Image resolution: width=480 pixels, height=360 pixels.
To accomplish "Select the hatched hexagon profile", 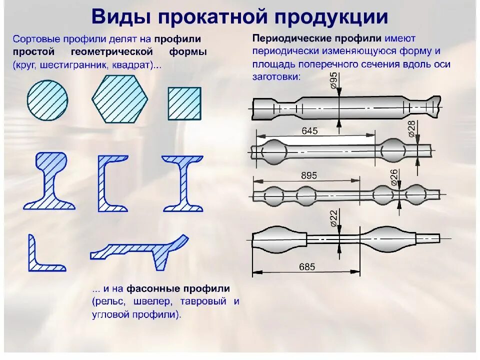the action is (120, 98).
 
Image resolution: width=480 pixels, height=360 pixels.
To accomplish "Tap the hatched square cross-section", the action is (184, 104).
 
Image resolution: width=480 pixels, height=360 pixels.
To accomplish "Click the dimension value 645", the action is (310, 131).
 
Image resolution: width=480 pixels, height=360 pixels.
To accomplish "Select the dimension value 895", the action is (309, 176).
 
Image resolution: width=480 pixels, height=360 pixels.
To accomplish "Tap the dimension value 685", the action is (307, 266).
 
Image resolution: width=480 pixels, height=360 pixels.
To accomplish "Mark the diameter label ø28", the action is (412, 128).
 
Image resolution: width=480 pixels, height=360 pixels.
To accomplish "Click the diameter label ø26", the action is (393, 177).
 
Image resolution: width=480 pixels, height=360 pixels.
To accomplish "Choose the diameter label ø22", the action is (334, 218).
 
